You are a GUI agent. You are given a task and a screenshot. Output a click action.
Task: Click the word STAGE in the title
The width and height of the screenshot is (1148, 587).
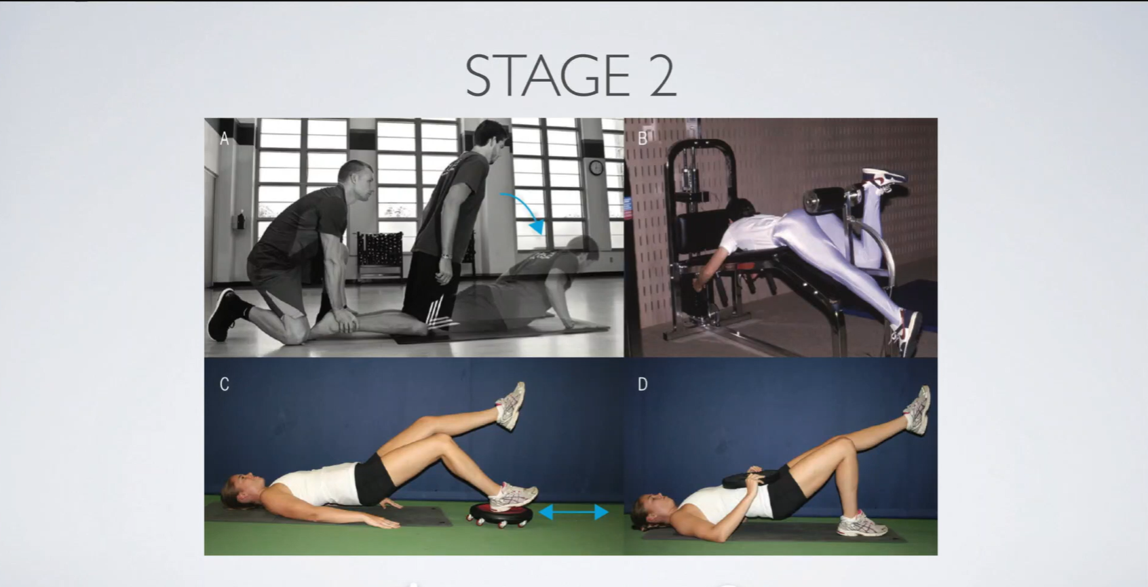tap(548, 76)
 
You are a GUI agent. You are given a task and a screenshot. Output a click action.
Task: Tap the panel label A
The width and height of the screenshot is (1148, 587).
tap(225, 138)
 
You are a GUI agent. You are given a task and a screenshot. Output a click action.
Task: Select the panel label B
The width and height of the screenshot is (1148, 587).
tap(642, 138)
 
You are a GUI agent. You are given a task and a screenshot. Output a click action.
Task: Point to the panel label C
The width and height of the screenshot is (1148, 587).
tap(225, 384)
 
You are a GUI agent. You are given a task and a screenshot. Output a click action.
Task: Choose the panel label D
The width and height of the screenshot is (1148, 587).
tap(643, 384)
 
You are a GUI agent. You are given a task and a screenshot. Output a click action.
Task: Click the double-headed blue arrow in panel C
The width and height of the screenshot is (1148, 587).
tap(573, 512)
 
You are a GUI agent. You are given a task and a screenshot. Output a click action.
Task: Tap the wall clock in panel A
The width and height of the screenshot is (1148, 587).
tap(596, 167)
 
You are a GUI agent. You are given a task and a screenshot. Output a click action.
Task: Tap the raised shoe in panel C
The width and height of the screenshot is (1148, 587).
tap(510, 405)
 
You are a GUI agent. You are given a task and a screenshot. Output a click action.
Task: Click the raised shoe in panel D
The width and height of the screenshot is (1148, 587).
tap(918, 410)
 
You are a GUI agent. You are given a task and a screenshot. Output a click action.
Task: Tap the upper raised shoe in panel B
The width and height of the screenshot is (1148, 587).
tap(883, 177)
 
